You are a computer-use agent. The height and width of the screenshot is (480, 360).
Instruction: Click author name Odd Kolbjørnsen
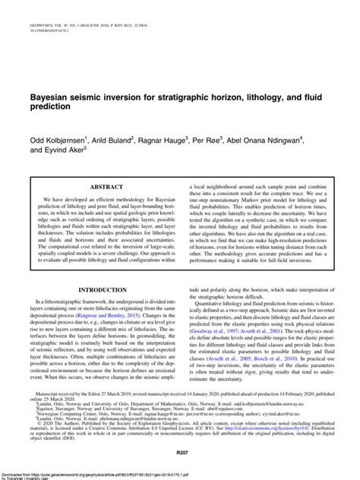point(58,141)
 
